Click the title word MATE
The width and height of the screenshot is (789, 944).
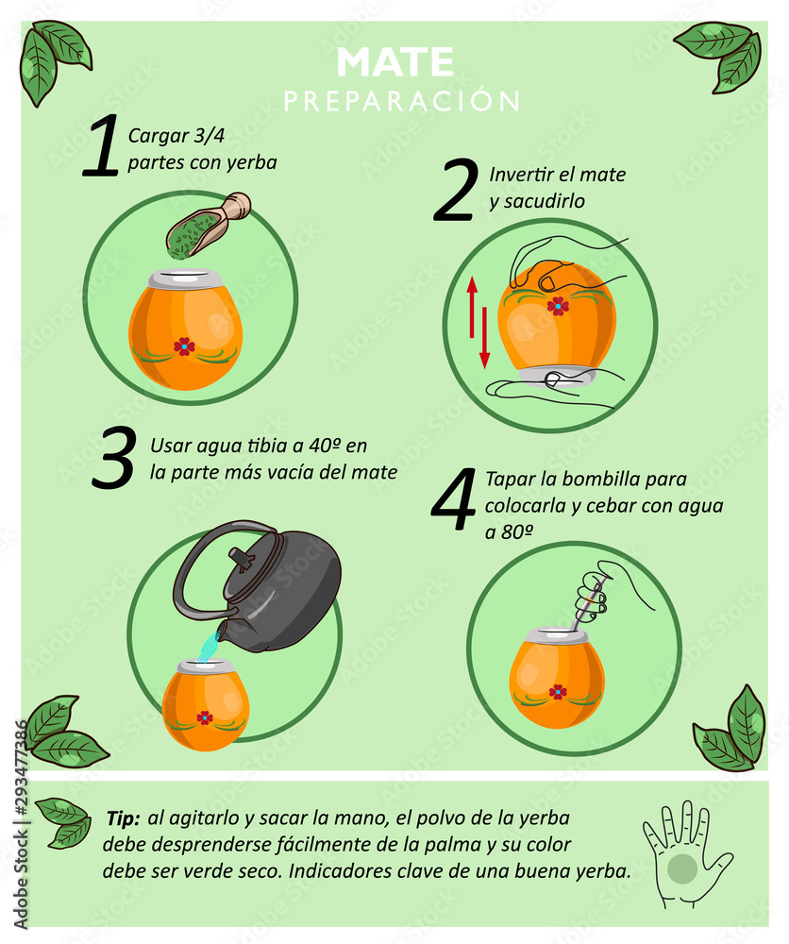[394, 61]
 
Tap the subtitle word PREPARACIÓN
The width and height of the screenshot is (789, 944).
[402, 101]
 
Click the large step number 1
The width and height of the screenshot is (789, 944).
[102, 146]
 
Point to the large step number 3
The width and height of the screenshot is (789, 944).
[114, 457]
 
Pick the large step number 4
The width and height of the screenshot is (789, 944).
[454, 499]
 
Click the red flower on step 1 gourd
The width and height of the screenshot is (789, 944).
[184, 346]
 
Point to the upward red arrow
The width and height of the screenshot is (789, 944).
[472, 307]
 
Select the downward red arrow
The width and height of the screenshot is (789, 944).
[484, 338]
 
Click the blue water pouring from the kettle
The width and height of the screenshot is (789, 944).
[208, 648]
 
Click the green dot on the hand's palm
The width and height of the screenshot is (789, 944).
[682, 868]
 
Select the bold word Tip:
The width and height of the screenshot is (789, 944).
[123, 818]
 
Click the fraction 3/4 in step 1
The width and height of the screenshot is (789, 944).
[209, 135]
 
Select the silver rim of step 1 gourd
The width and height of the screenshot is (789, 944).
[185, 279]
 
